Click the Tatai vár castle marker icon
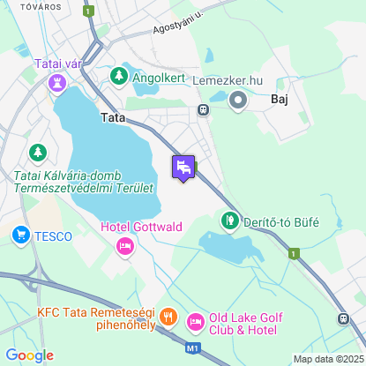(58, 82)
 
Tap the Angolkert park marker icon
(119, 78)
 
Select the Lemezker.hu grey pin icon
(237, 101)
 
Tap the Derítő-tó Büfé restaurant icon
(229, 220)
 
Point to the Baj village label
(280, 101)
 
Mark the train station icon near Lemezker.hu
(203, 110)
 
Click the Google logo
(29, 355)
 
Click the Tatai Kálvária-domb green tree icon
(37, 153)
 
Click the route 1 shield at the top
(88, 11)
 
